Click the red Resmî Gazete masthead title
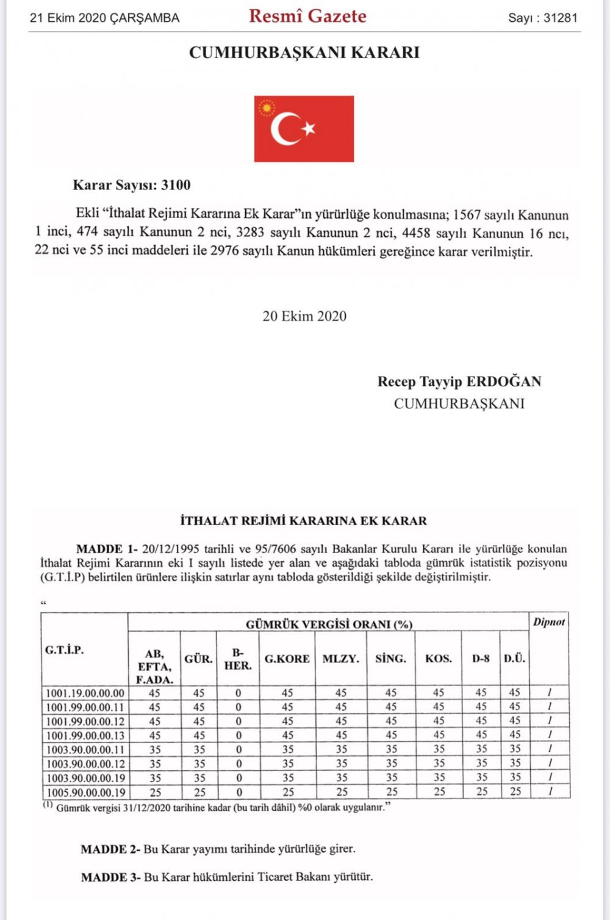[307, 16]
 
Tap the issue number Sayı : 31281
[542, 18]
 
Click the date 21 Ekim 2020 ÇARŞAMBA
[104, 18]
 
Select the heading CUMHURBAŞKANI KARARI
[304, 53]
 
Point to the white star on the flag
[309, 128]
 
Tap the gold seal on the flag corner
[266, 108]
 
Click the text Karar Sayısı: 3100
[132, 185]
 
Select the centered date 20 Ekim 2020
[304, 316]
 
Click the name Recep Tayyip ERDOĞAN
[459, 382]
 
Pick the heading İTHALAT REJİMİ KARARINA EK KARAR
[303, 521]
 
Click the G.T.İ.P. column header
[64, 650]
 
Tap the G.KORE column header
[287, 659]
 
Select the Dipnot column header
[549, 622]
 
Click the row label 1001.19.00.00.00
[85, 693]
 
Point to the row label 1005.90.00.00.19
[85, 792]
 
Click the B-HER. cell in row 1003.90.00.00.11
[239, 749]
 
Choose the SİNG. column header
[390, 659]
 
